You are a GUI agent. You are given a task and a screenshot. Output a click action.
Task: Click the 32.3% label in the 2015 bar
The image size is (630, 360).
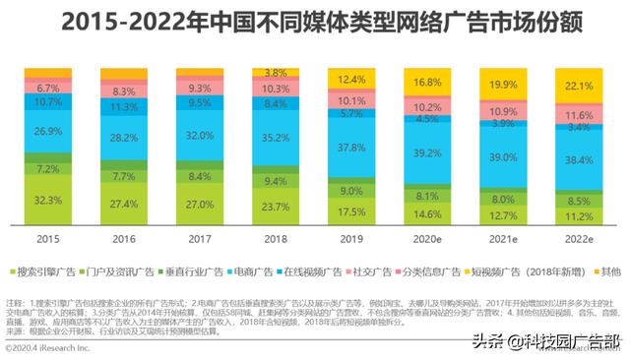pyautogui.click(x=48, y=199)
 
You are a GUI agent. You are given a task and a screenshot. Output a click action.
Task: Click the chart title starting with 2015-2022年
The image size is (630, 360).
pyautogui.click(x=314, y=20)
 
